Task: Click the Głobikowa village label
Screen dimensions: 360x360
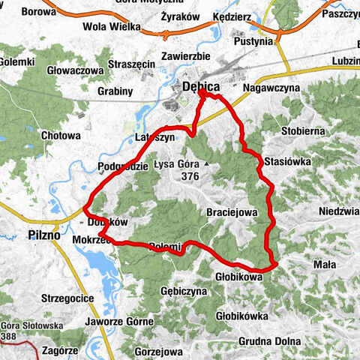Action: tap(239, 276)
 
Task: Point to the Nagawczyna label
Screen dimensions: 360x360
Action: tap(271, 88)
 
